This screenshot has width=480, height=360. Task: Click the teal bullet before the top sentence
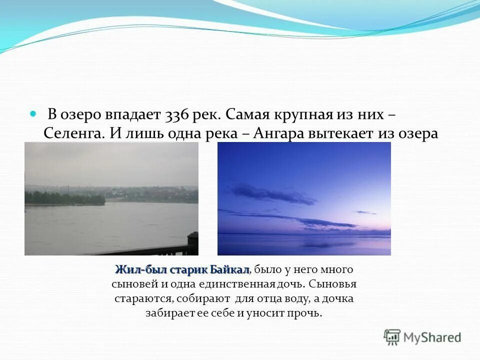[x=33, y=114]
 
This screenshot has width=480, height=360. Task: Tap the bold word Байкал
[x=229, y=270]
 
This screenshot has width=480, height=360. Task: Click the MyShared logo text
[x=432, y=337]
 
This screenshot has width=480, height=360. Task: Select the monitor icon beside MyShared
[x=392, y=336]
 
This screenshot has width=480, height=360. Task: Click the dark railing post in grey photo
[x=192, y=243]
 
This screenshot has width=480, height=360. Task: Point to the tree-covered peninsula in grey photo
[x=65, y=198]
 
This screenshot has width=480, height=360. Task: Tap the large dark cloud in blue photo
[x=272, y=194]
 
